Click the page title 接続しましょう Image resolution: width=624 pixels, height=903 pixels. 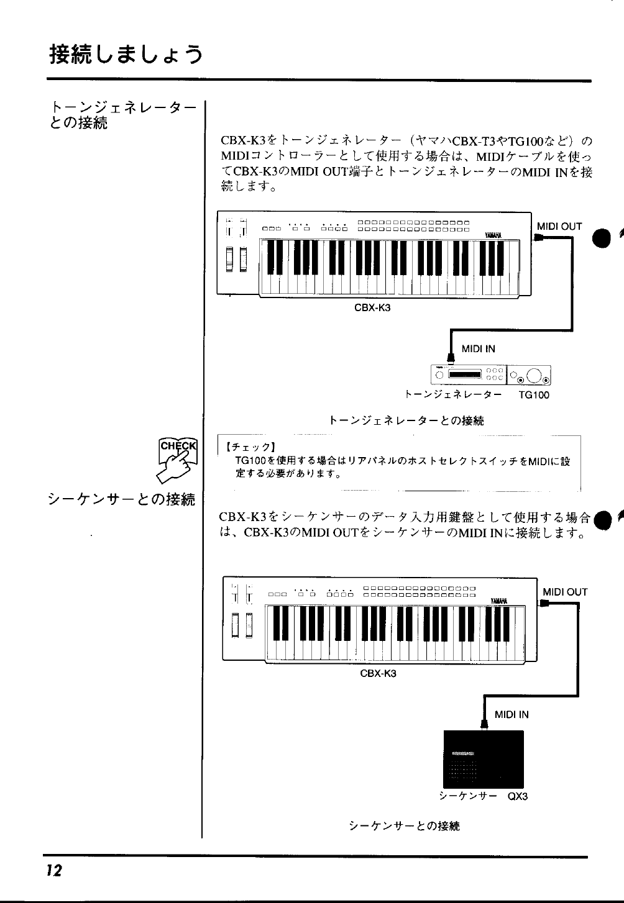click(x=126, y=55)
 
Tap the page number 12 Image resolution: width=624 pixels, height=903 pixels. click(x=53, y=870)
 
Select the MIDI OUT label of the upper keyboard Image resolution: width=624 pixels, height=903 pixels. click(x=559, y=227)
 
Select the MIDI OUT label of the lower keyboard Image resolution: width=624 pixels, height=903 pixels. click(x=565, y=592)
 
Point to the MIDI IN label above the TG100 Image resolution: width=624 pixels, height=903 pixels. click(x=479, y=349)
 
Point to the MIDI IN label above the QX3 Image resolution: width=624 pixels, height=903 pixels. click(x=512, y=714)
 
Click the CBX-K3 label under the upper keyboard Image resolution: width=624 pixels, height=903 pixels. click(x=372, y=307)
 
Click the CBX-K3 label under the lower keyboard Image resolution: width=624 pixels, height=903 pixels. click(x=379, y=673)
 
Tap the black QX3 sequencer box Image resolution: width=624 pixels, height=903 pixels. click(x=483, y=759)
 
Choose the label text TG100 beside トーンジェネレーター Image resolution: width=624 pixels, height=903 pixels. click(x=534, y=394)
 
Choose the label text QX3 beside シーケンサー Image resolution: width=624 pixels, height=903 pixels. click(x=517, y=796)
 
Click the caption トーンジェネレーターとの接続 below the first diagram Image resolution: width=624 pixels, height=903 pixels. click(x=406, y=420)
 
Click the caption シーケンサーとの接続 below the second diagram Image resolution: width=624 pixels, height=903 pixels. click(x=404, y=825)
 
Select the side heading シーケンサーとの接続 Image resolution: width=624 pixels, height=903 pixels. click(x=121, y=499)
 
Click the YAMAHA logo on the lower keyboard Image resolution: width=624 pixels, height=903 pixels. click(x=499, y=600)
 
